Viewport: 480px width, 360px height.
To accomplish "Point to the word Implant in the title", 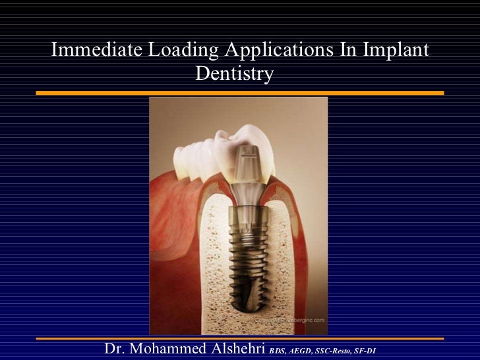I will coord(394,52).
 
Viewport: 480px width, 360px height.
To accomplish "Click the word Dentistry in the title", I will coord(234,75).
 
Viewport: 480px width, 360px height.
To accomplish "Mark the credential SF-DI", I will coord(366,351).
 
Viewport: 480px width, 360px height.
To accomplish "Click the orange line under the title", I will coord(240,93).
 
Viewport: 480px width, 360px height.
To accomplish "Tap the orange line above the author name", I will coord(240,338).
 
